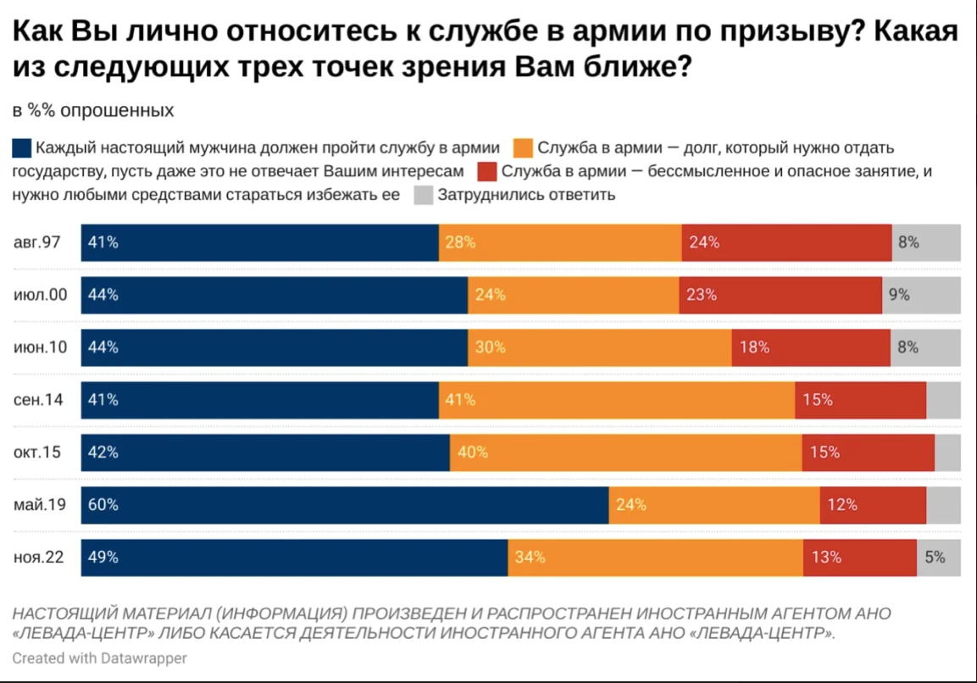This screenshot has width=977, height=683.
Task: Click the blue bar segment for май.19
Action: (x=345, y=505)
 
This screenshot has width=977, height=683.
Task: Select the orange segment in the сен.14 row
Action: (x=616, y=400)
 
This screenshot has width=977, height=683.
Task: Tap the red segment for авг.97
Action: (x=786, y=242)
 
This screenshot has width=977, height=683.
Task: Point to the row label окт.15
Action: (x=37, y=453)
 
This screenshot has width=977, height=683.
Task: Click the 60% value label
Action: (x=103, y=505)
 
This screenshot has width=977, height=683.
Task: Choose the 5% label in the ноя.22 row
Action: (x=935, y=558)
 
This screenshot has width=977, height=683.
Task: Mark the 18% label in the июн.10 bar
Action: (x=753, y=347)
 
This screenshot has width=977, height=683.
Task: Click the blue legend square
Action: (x=22, y=147)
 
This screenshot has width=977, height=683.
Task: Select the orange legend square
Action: (x=523, y=147)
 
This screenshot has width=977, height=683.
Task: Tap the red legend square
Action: (x=486, y=171)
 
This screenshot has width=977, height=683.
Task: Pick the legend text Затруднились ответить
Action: (x=526, y=195)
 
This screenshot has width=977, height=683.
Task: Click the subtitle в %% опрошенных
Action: (x=93, y=111)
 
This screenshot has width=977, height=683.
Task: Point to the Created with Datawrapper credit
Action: (x=99, y=658)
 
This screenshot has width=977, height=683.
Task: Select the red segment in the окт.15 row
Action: (x=868, y=453)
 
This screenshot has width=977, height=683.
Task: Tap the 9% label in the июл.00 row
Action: (x=899, y=295)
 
